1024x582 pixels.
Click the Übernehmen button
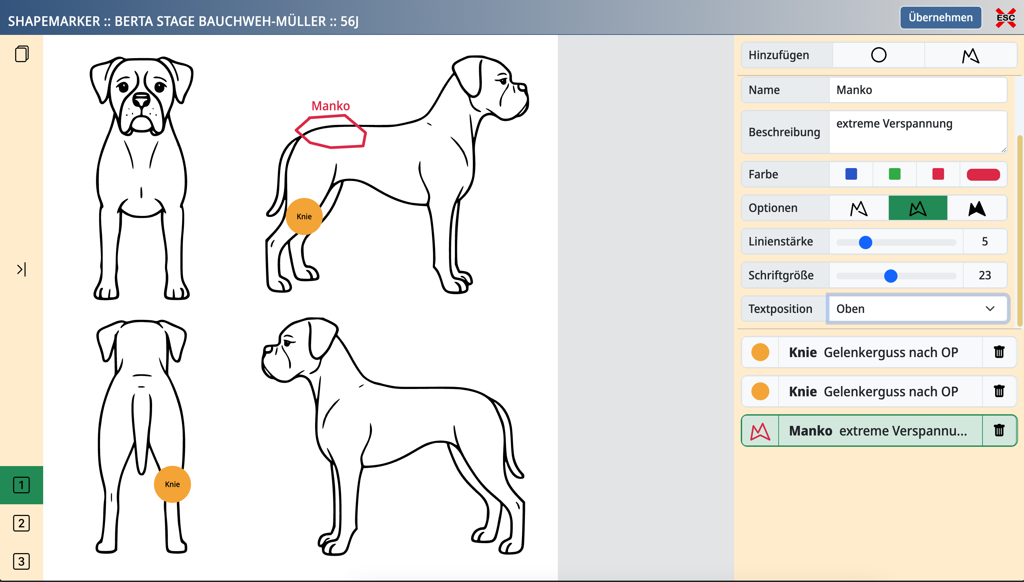(941, 18)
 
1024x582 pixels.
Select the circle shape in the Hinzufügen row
(879, 55)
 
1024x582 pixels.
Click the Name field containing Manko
(918, 90)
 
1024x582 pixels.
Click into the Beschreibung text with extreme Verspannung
(918, 132)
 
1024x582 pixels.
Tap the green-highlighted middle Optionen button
(918, 208)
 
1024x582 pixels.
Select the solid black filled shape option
(977, 208)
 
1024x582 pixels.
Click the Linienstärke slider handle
(865, 242)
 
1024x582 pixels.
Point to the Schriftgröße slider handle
(891, 276)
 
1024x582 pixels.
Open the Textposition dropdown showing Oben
(918, 309)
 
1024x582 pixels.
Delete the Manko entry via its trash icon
(999, 431)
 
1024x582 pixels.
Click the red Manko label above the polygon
(330, 106)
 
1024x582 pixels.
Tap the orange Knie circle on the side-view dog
(304, 216)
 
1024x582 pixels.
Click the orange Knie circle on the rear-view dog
(172, 484)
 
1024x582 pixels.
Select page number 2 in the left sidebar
(22, 523)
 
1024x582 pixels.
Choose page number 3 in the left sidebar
(22, 561)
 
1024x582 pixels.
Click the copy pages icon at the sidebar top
(22, 54)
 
